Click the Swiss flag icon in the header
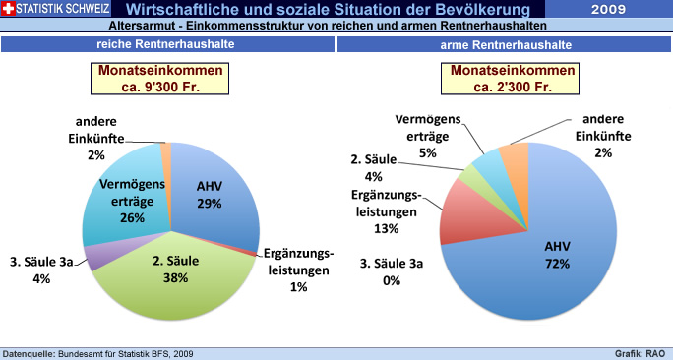(9, 9)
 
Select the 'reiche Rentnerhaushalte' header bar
(167, 45)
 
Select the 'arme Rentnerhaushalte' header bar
(505, 45)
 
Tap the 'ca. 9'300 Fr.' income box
(171, 79)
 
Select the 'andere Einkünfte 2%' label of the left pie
(95, 138)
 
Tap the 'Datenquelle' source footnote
(98, 352)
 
